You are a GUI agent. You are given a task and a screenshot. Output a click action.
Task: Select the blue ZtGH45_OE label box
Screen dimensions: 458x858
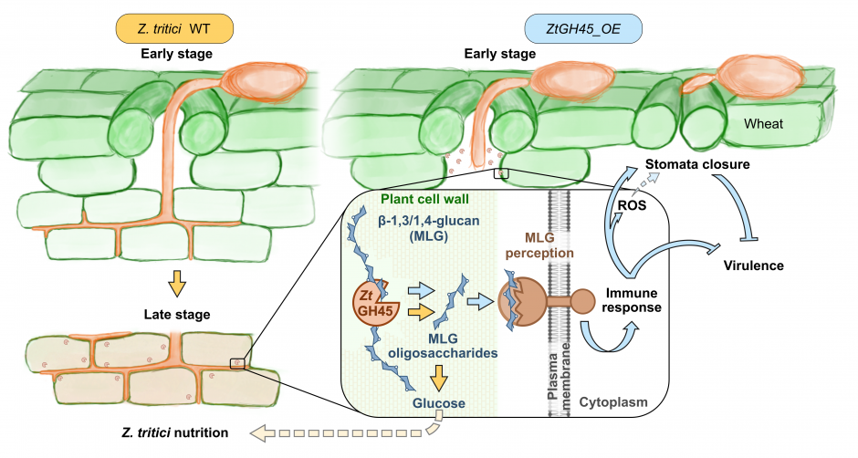(583, 28)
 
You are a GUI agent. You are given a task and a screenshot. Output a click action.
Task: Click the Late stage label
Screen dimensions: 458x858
(176, 315)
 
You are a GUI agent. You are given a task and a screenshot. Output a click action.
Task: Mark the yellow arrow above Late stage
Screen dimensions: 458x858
(177, 284)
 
